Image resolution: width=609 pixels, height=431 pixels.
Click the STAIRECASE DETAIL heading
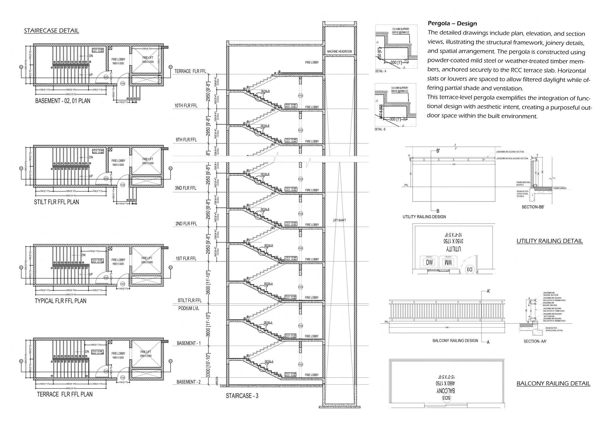(51, 30)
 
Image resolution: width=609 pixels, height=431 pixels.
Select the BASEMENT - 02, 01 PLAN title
(63, 101)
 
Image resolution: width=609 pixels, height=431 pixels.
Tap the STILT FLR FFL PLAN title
(57, 202)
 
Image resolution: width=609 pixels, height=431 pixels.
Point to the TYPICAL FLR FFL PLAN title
(60, 301)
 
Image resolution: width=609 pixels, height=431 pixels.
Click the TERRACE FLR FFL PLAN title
(65, 394)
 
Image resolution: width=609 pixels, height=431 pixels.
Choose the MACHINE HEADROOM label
(339, 51)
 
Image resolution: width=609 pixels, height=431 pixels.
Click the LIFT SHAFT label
(339, 220)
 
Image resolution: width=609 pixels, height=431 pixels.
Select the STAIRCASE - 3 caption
(242, 396)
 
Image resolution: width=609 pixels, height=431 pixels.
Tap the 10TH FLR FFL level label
(186, 106)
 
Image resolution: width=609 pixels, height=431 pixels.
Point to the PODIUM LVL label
(189, 309)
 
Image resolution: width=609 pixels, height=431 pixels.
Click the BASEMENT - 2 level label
(189, 382)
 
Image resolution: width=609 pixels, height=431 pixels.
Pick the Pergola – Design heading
(452, 24)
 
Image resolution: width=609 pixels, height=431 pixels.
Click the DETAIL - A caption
(381, 71)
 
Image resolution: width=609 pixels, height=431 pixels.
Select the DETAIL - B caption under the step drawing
(380, 129)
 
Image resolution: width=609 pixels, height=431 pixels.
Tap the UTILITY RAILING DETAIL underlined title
(550, 241)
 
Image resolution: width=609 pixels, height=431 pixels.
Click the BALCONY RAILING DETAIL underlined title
(553, 383)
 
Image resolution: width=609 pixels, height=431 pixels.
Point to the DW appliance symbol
(429, 263)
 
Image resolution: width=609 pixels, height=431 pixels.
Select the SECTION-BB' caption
(533, 207)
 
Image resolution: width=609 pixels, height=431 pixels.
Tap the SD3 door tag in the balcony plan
(446, 398)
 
